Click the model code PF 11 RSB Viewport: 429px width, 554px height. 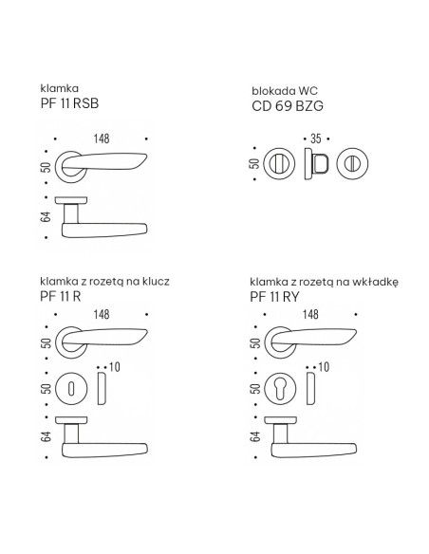point(69,103)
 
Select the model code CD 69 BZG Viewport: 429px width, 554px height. point(288,106)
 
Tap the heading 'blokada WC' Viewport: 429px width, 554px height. point(285,91)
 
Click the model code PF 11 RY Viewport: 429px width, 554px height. point(274,297)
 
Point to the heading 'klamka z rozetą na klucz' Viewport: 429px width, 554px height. point(104,282)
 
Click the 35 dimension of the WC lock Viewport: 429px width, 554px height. point(316,138)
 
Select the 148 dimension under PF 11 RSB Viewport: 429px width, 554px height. point(102,138)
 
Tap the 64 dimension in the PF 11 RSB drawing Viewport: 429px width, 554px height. point(46,217)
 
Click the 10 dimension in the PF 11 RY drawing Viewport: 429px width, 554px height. point(324,367)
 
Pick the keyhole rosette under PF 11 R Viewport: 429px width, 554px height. point(71,389)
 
